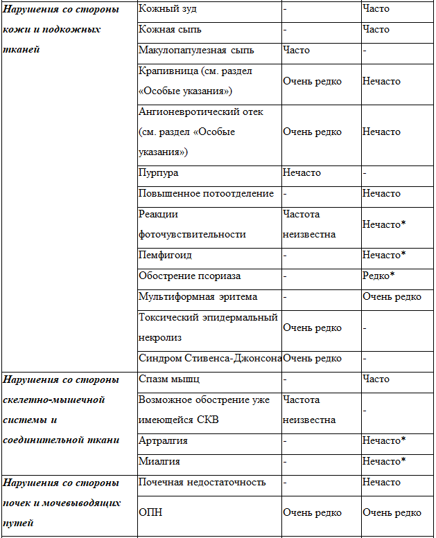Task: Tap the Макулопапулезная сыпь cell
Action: click(x=196, y=51)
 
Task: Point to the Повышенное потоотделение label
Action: click(x=206, y=194)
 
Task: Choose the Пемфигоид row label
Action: click(x=165, y=255)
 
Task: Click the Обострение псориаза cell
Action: click(x=189, y=276)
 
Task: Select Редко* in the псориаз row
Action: click(x=378, y=276)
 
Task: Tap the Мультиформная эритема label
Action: click(x=198, y=297)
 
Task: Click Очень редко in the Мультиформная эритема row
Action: click(x=392, y=297)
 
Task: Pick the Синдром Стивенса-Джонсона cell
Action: click(x=210, y=359)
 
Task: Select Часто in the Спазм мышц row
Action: click(x=376, y=379)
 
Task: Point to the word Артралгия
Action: click(x=163, y=441)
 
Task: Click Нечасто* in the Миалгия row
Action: click(x=383, y=462)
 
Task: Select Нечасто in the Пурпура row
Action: click(x=302, y=173)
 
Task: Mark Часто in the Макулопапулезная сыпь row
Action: click(x=296, y=51)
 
